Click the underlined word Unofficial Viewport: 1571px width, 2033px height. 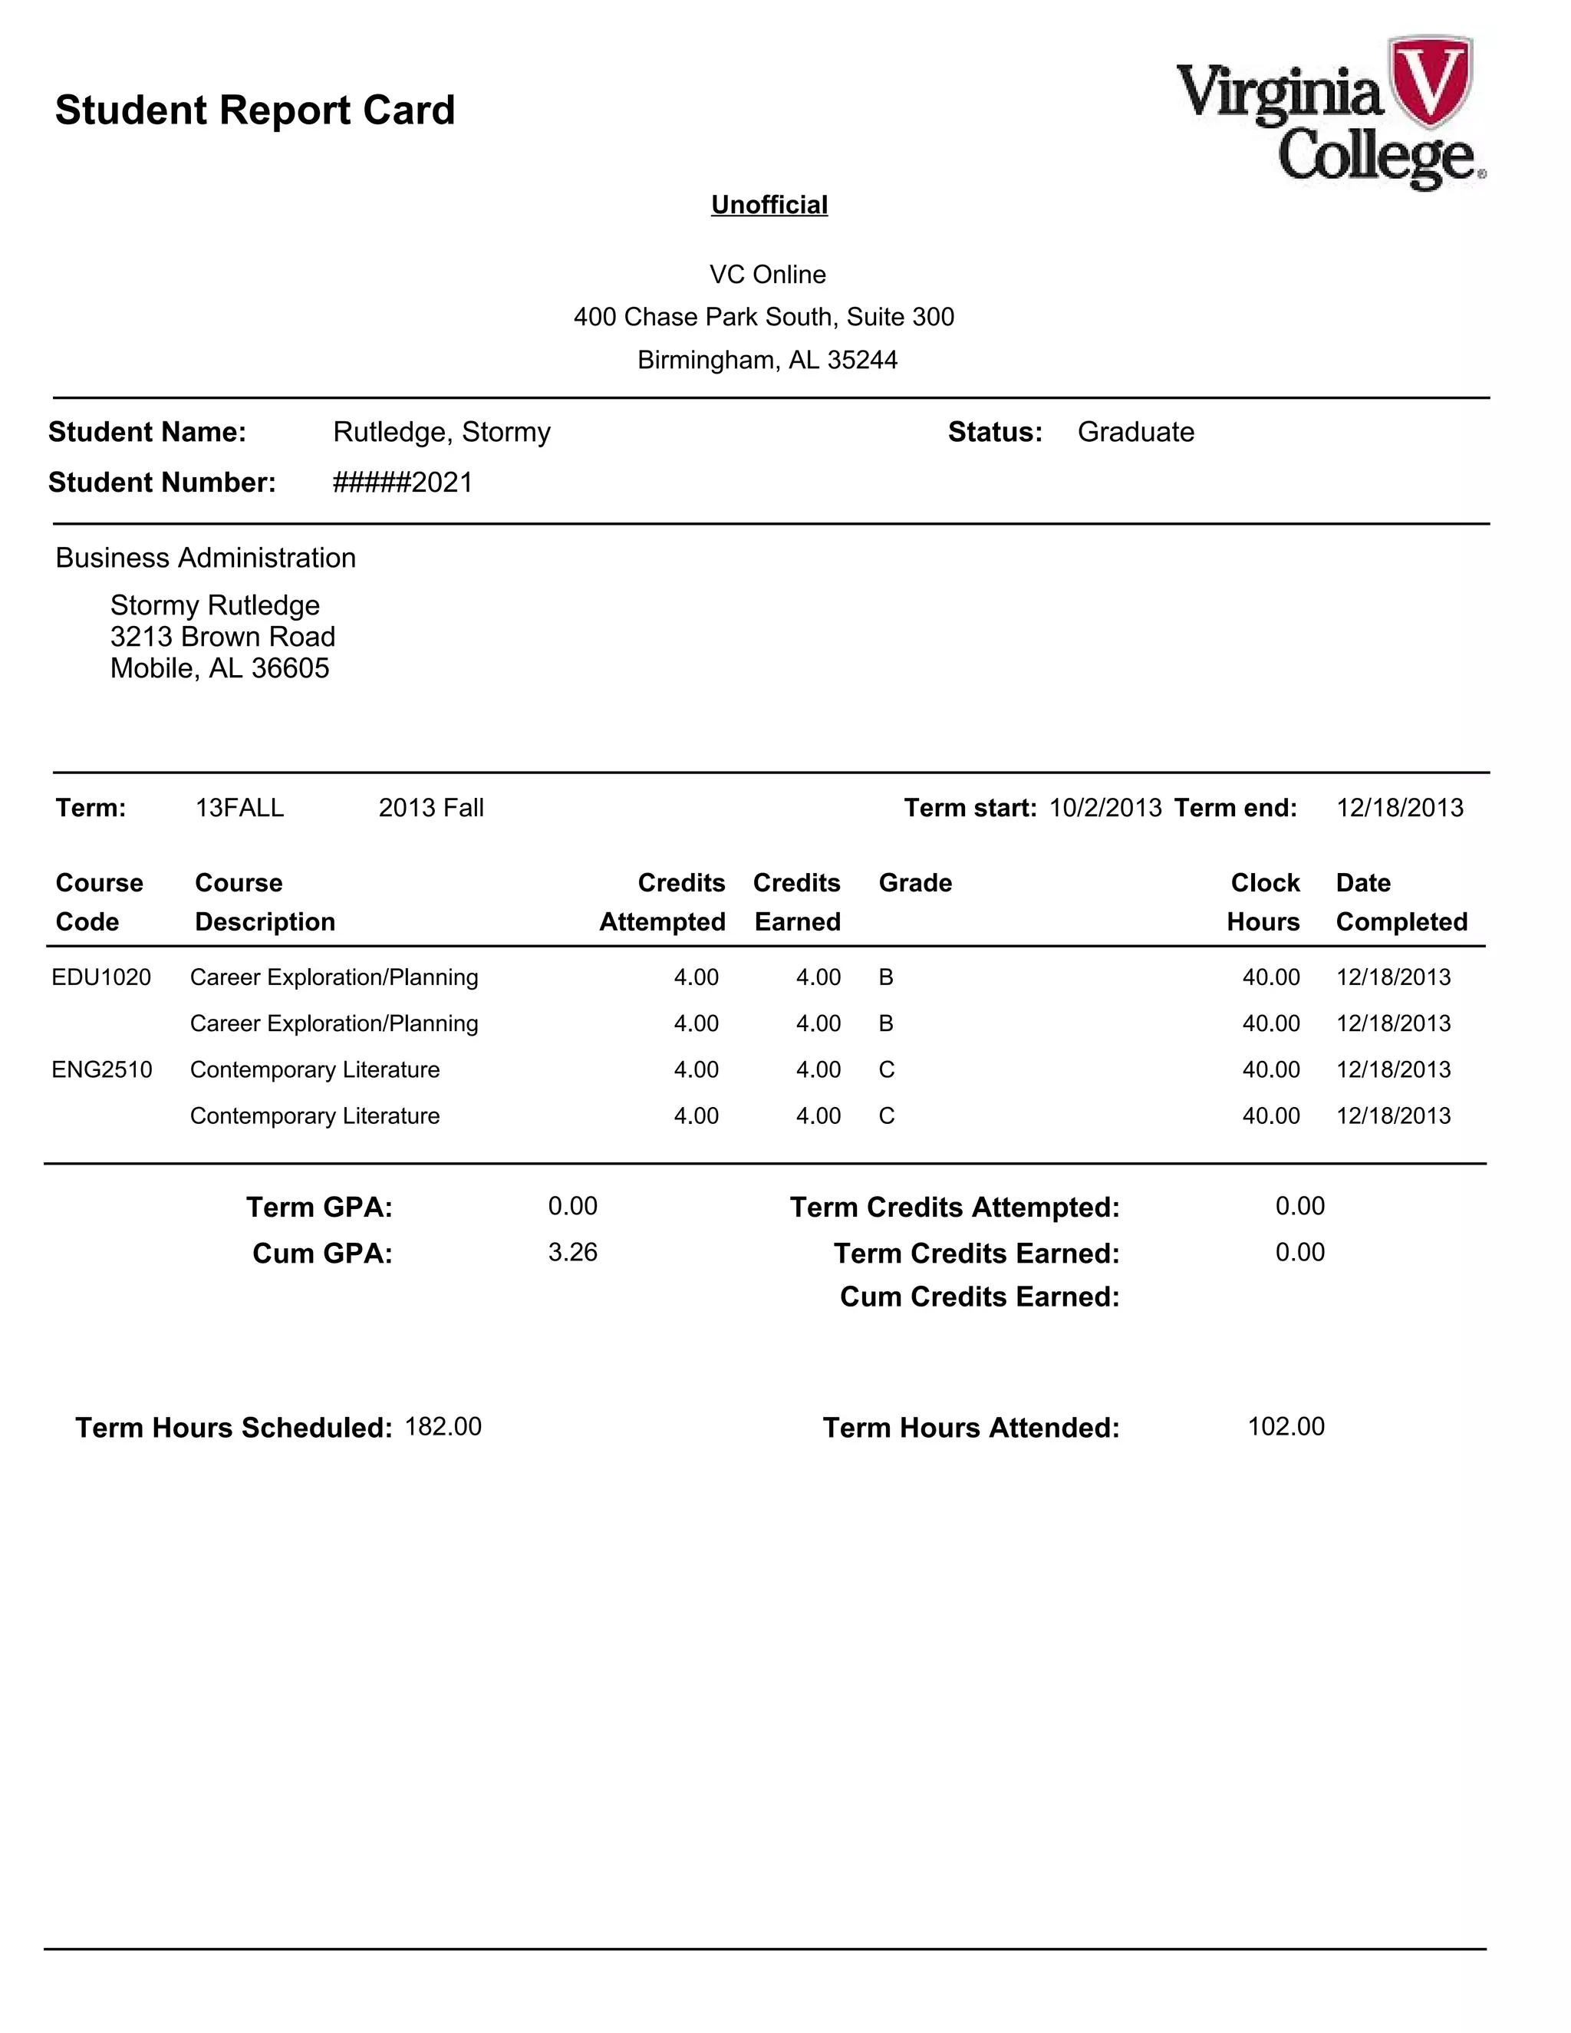click(x=769, y=205)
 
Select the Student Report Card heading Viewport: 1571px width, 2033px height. click(x=255, y=110)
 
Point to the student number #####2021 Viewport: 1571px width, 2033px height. click(x=403, y=483)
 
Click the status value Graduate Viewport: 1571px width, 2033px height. click(x=1135, y=432)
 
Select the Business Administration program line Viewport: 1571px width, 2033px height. click(x=206, y=558)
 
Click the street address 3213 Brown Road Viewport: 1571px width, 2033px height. click(x=222, y=637)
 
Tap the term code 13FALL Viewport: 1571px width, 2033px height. click(x=239, y=807)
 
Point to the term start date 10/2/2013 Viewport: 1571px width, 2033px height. click(x=1105, y=807)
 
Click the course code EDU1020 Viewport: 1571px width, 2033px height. click(x=101, y=977)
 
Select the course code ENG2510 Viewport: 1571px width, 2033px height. click(x=101, y=1069)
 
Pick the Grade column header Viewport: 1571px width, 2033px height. click(x=915, y=882)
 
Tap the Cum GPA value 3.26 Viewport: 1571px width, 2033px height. click(x=572, y=1252)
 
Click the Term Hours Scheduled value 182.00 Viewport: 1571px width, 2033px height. click(x=443, y=1427)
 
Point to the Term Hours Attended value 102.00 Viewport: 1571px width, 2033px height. click(x=1286, y=1427)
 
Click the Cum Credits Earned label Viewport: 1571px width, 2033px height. click(x=979, y=1297)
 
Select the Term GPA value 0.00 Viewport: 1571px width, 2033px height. click(x=572, y=1207)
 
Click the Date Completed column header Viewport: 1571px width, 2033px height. click(x=1401, y=902)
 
